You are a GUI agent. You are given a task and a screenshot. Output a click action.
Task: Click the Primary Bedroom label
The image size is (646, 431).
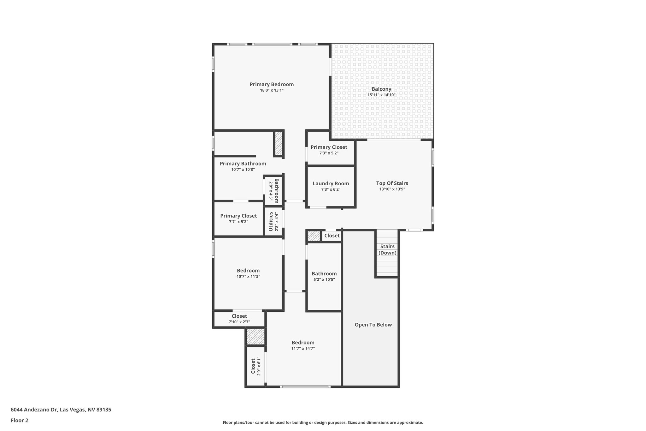pyautogui.click(x=272, y=84)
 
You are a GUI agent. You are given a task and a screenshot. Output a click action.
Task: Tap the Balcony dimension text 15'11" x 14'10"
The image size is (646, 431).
pyautogui.click(x=381, y=95)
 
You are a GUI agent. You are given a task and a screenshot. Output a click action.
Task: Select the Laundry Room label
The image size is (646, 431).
pyautogui.click(x=331, y=183)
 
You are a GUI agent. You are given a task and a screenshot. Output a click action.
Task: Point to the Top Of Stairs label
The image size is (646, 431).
pyautogui.click(x=392, y=183)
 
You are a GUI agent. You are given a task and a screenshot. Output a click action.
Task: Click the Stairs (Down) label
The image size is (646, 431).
pyautogui.click(x=387, y=249)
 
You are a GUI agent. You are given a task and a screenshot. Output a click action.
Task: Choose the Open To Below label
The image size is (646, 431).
pyautogui.click(x=373, y=325)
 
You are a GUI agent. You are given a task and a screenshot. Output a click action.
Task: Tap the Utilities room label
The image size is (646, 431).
pyautogui.click(x=271, y=222)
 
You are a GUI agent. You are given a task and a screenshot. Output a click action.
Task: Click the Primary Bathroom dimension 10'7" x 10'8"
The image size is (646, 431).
pyautogui.click(x=243, y=170)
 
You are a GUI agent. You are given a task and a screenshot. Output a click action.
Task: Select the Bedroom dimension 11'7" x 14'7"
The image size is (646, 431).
pyautogui.click(x=303, y=349)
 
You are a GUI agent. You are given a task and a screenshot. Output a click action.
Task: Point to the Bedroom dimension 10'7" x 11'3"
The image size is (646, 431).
pyautogui.click(x=248, y=277)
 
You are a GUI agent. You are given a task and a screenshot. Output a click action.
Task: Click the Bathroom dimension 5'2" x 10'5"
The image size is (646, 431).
pyautogui.click(x=324, y=279)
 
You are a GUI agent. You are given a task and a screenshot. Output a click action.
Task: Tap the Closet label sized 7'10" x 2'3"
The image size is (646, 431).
pyautogui.click(x=239, y=316)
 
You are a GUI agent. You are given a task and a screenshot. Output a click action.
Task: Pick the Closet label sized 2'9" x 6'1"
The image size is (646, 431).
pyautogui.click(x=253, y=366)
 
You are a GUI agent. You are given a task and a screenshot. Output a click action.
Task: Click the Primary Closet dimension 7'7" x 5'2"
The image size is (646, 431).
pyautogui.click(x=238, y=222)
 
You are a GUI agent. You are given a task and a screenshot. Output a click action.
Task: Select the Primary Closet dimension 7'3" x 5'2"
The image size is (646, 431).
pyautogui.click(x=329, y=153)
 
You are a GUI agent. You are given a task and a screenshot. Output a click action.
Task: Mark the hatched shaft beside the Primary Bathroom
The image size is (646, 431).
pyautogui.click(x=279, y=143)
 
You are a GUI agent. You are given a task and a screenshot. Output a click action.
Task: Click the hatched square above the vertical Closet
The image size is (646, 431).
pyautogui.click(x=255, y=337)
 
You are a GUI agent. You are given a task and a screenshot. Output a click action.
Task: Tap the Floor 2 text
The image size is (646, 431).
pyautogui.click(x=20, y=420)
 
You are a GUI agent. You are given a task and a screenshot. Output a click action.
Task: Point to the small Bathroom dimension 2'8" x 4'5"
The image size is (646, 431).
pyautogui.click(x=271, y=191)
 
